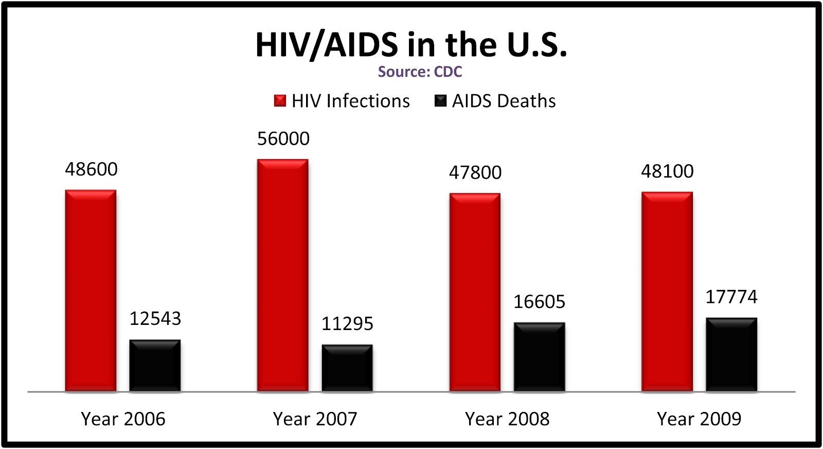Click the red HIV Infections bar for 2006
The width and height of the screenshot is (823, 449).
tap(91, 291)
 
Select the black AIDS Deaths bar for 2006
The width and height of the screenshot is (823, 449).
tap(155, 366)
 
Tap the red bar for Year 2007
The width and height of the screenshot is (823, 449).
tap(283, 275)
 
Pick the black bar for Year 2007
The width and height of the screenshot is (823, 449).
tap(347, 368)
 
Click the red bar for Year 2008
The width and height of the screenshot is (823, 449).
tap(475, 292)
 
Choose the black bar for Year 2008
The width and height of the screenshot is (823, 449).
tap(539, 357)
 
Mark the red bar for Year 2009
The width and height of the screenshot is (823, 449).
tap(667, 291)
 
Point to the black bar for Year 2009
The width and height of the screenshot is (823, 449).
tap(731, 355)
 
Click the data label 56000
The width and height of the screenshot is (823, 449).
tap(283, 139)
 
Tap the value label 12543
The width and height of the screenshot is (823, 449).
tap(155, 319)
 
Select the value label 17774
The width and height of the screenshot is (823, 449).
tap(731, 297)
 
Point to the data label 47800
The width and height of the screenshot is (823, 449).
tap(475, 172)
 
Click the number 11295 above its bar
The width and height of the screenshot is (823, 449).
tap(347, 324)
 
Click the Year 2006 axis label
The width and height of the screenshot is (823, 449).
tap(123, 419)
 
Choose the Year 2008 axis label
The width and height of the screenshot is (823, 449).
tap(507, 419)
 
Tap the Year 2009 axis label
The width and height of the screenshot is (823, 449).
tap(699, 419)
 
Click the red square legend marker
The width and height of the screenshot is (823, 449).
tap(280, 101)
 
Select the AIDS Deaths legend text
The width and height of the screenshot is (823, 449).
tap(504, 101)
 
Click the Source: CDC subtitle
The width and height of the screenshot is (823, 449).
tap(420, 72)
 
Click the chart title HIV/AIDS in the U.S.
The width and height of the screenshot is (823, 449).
tap(411, 44)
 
